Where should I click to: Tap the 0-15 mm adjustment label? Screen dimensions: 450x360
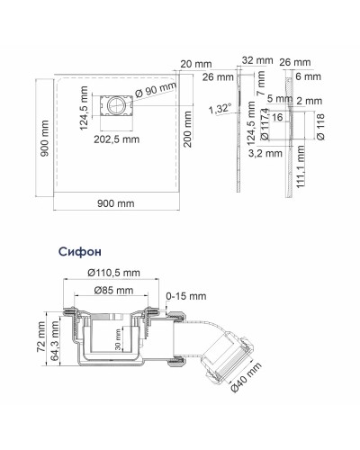pyautogui.click(x=186, y=294)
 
